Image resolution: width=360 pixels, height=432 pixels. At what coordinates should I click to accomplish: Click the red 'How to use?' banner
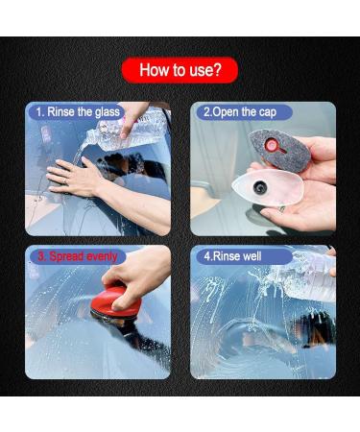click(180, 69)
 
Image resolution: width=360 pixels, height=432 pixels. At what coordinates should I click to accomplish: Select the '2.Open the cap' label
click(237, 112)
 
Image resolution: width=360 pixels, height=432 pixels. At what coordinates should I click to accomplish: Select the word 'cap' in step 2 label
click(265, 112)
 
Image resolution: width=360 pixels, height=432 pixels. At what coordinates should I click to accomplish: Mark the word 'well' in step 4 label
click(252, 256)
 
